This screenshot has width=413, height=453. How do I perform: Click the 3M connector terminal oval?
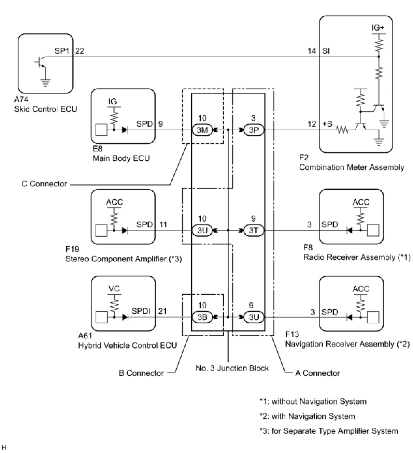202,130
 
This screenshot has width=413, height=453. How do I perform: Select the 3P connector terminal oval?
253,130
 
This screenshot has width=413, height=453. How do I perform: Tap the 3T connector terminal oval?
253,230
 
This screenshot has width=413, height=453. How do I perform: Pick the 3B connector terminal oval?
202,317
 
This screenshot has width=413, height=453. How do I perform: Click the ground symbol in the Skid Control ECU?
45,83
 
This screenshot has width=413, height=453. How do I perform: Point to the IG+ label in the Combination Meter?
378,28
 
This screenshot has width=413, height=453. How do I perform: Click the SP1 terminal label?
62,51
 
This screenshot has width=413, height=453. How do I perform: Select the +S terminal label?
327,124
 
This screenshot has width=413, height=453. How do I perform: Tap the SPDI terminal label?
141,311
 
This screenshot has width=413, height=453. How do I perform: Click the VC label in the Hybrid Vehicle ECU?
114,289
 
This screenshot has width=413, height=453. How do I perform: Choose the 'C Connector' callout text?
44,184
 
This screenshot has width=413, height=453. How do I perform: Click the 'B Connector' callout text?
141,373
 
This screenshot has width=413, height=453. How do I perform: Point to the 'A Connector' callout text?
317,373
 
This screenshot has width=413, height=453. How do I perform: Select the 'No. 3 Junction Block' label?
232,368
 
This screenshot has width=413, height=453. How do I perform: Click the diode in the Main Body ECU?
125,130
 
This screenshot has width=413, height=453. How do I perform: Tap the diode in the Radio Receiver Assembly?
350,230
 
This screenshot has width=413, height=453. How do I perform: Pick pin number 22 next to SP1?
80,51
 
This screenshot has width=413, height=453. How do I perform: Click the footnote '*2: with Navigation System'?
307,416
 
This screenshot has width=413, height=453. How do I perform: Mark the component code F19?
72,249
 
